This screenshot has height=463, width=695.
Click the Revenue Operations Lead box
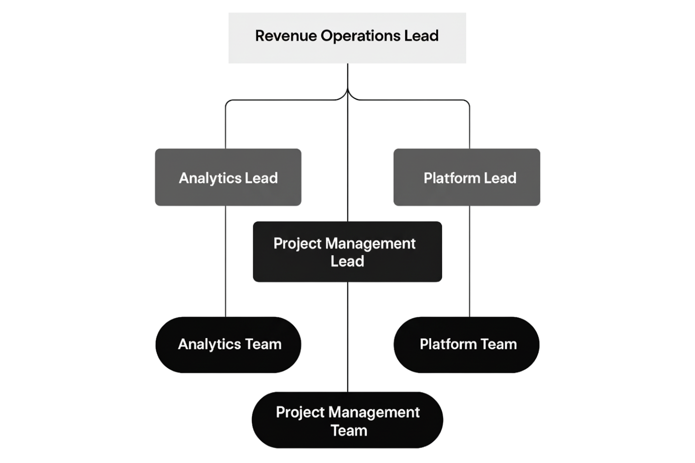click(x=347, y=38)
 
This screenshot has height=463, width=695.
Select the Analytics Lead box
click(x=228, y=177)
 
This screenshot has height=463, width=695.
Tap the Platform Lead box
click(x=467, y=177)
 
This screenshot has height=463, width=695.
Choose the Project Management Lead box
click(x=347, y=252)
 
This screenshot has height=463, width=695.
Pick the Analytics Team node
click(x=229, y=344)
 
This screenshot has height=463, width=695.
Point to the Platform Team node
click(x=467, y=344)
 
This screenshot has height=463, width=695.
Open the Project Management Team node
click(x=347, y=421)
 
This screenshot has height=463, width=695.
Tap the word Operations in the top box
click(x=360, y=36)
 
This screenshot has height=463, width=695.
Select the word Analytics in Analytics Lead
click(x=210, y=178)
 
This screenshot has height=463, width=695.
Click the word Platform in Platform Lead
click(x=452, y=178)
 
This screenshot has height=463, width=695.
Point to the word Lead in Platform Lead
click(x=500, y=178)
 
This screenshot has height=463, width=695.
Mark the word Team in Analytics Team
click(x=263, y=344)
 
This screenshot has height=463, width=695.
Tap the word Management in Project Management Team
click(x=372, y=412)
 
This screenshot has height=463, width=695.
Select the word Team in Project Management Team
click(x=348, y=430)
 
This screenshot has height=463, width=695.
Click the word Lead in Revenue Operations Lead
click(x=422, y=36)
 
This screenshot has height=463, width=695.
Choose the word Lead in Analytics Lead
click(x=261, y=178)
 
